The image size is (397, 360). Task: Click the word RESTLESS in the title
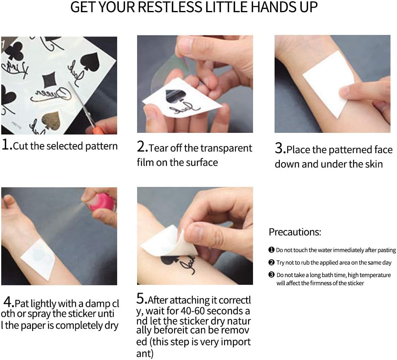(x=170, y=7)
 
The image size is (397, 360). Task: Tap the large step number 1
(x=5, y=144)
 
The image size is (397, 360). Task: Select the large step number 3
(x=279, y=148)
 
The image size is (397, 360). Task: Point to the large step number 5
(x=140, y=298)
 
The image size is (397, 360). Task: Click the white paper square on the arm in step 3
(x=329, y=83)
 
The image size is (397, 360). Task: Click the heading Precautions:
(x=295, y=232)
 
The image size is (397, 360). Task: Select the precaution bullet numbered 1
(x=271, y=250)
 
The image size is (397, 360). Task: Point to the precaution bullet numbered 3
(x=271, y=275)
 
